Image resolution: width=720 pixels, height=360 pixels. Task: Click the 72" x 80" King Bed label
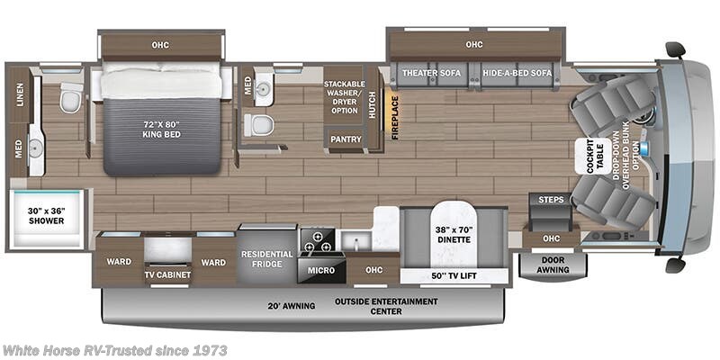(163, 129)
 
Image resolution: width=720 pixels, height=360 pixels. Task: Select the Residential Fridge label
(267, 259)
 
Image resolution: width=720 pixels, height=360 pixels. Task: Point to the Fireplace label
(393, 117)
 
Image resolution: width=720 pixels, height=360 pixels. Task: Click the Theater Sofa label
(430, 72)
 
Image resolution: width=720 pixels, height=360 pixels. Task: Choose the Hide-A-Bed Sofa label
(516, 72)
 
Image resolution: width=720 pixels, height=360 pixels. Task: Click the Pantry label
(346, 139)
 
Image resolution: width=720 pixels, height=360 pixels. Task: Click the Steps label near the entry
(551, 198)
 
